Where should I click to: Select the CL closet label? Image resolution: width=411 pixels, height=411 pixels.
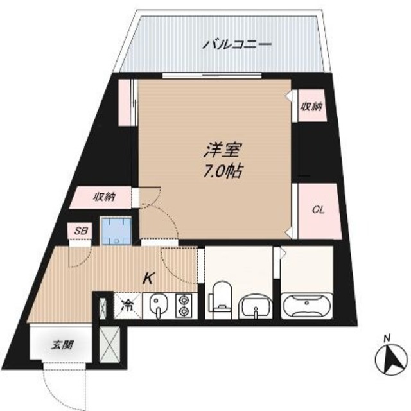click(317, 210)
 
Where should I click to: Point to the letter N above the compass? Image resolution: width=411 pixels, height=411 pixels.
click(387, 338)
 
